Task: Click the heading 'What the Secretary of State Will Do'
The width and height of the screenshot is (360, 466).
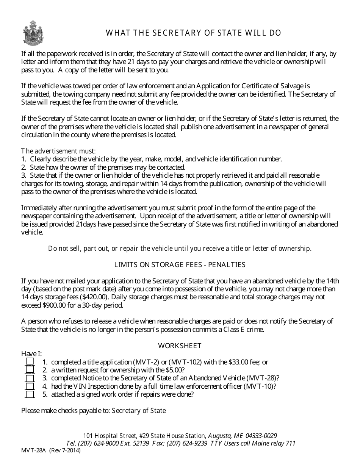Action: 193,33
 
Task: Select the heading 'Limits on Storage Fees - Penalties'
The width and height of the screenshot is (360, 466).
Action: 180,265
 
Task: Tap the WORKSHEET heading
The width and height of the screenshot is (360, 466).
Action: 180,346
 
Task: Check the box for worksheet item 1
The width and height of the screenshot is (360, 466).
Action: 30,362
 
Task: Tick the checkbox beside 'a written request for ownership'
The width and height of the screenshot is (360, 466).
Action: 30,370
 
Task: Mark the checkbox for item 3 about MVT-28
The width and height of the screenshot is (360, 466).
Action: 30,378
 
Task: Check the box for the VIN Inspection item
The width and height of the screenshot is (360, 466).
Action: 30,386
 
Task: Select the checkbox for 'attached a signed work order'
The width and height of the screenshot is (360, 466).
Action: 30,394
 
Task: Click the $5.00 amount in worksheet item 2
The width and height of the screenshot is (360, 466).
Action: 175,370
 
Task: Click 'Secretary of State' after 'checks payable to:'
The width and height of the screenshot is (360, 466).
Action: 139,411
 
